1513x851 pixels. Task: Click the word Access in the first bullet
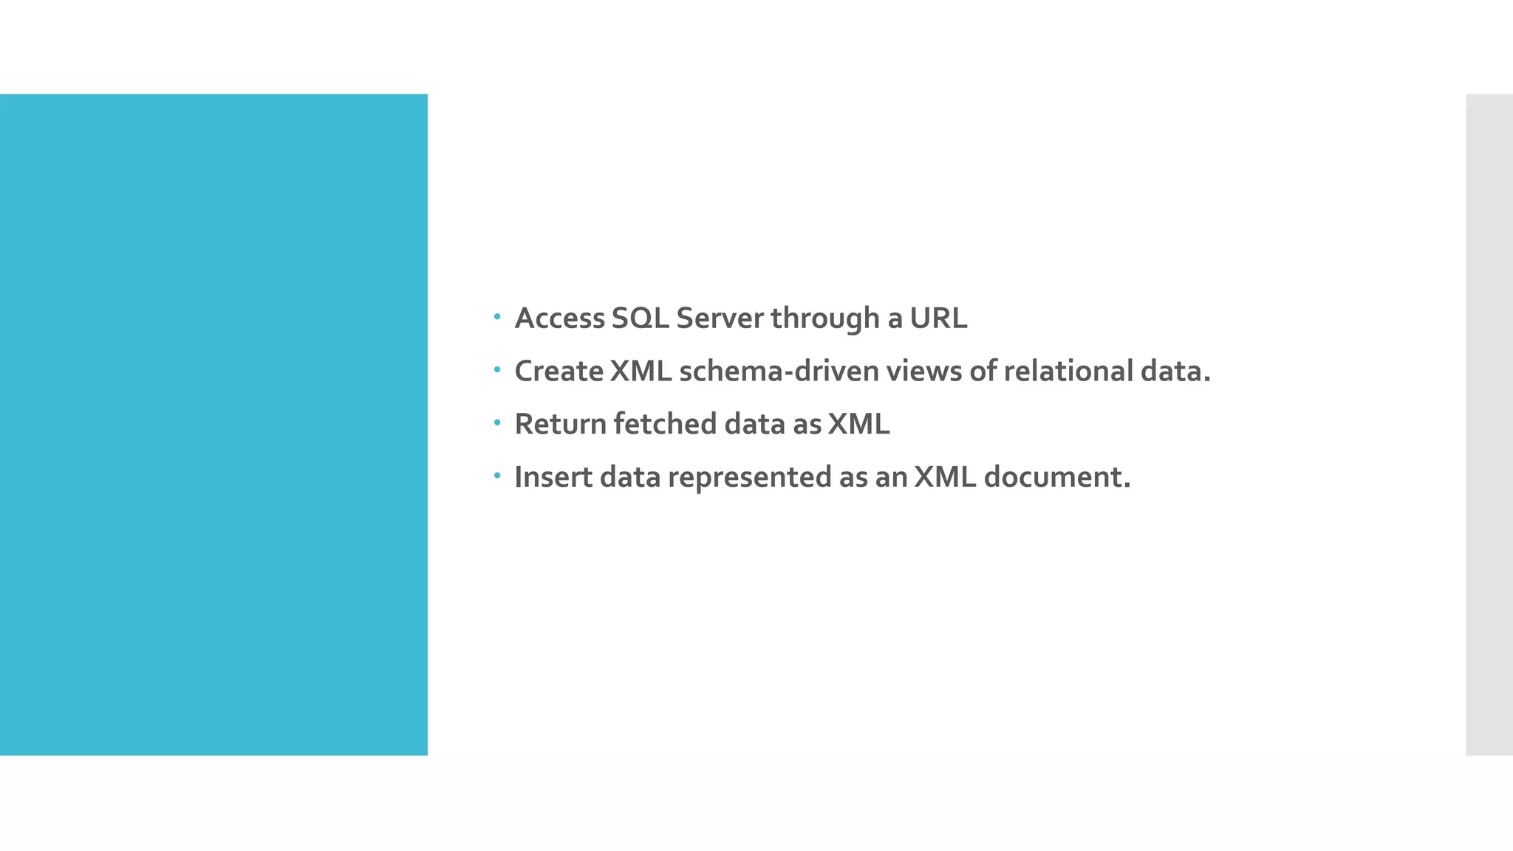click(x=559, y=318)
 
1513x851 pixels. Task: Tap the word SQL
click(x=640, y=318)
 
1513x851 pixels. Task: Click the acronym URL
click(x=937, y=318)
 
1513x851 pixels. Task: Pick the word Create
click(x=559, y=371)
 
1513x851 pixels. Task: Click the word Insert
click(x=553, y=477)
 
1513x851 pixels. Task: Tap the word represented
click(x=750, y=477)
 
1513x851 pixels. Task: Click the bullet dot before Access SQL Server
click(x=497, y=318)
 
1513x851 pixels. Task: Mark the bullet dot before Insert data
click(x=497, y=476)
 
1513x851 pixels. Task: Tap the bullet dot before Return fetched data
click(x=497, y=423)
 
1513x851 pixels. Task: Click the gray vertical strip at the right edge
click(x=1489, y=424)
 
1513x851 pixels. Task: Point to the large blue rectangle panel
click(x=214, y=424)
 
